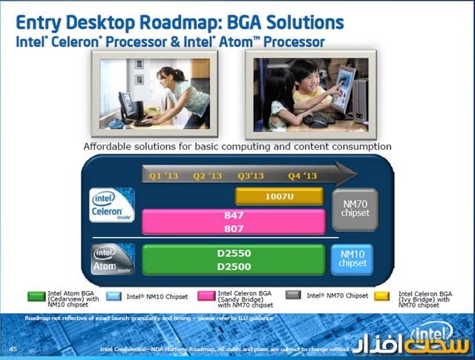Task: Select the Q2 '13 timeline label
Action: click(x=207, y=176)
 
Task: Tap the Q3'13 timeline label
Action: click(x=252, y=176)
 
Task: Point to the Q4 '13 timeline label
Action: click(x=301, y=176)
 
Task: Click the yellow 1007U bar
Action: click(x=279, y=196)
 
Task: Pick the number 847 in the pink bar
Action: click(x=233, y=215)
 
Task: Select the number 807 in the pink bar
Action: click(x=233, y=228)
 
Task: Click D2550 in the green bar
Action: click(x=233, y=253)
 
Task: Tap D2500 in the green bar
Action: click(x=233, y=266)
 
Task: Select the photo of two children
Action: click(x=312, y=93)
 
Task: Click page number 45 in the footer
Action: click(x=13, y=347)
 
